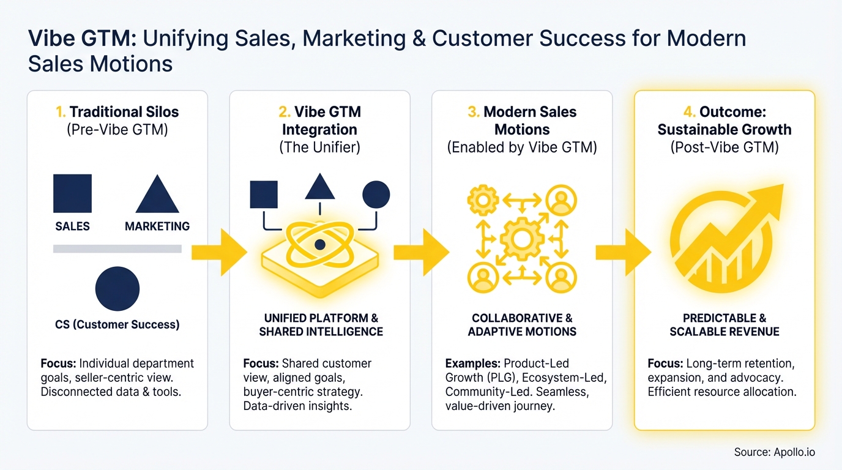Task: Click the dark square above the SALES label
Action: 73,193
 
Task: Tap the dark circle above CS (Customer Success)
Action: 117,289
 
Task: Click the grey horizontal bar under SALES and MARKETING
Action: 117,248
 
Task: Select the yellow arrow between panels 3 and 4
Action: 623,252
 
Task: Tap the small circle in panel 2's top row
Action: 376,195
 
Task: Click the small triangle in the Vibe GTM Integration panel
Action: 319,188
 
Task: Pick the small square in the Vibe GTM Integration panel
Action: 264,195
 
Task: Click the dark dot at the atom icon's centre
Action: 319,245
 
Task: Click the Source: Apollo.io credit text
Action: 775,452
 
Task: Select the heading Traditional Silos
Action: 124,112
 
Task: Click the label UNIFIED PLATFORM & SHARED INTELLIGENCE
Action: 321,325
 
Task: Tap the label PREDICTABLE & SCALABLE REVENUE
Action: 725,325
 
